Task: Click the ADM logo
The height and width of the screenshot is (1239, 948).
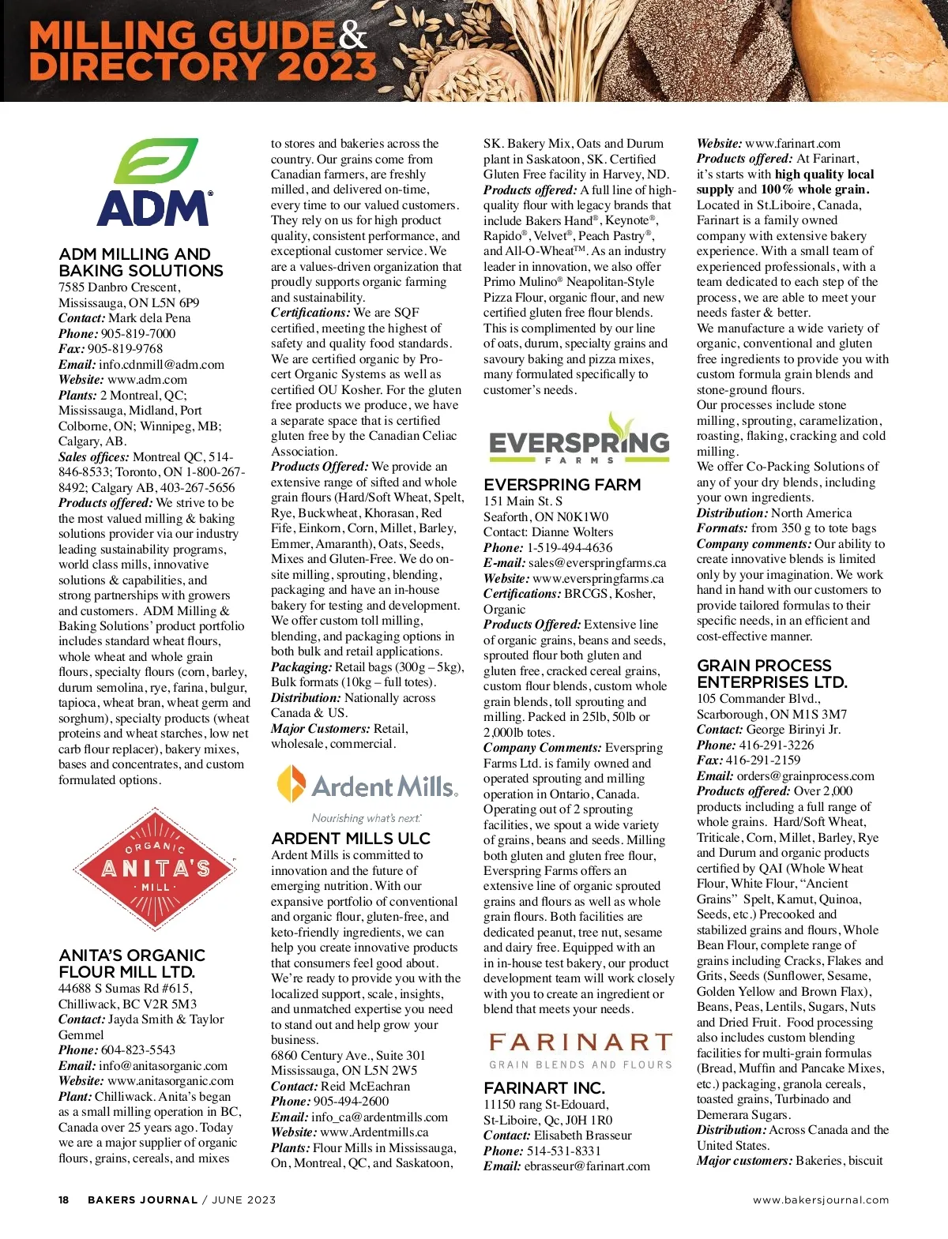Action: (155, 183)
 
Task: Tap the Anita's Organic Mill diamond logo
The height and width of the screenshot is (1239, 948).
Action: (155, 869)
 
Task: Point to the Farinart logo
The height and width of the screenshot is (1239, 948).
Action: (581, 1050)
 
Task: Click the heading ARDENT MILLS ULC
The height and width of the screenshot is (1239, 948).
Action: (351, 839)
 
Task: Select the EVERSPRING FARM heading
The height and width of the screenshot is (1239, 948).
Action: (562, 485)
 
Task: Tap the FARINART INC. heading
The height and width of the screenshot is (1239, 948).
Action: (544, 1088)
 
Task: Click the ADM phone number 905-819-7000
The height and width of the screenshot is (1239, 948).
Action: (138, 333)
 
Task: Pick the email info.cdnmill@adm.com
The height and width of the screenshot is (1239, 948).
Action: (161, 365)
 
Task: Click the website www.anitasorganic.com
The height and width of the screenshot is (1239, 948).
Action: (171, 1081)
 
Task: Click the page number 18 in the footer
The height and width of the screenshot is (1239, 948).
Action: (64, 1200)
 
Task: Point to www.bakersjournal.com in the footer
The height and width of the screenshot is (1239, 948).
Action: (821, 1200)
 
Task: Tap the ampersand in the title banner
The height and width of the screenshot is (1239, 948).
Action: (352, 36)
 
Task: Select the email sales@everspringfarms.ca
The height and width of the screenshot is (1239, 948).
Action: (597, 563)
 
